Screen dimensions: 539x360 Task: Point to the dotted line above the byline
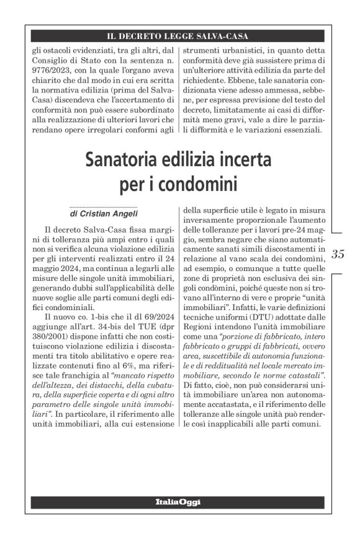(x=103, y=207)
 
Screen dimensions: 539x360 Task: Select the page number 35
(x=338, y=254)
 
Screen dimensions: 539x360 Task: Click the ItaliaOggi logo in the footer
(x=178, y=501)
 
